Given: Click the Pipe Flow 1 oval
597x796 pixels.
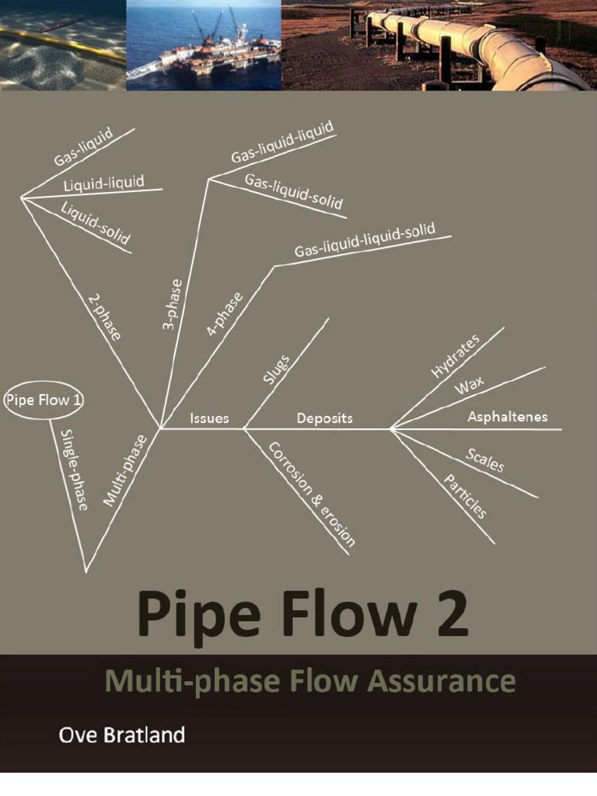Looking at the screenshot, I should click(x=45, y=400).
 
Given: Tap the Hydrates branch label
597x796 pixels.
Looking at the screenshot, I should click(x=456, y=355).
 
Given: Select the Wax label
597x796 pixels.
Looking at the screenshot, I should click(x=470, y=385).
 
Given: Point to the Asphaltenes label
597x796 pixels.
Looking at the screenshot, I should click(x=507, y=417).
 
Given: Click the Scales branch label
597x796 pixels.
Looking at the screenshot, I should click(x=485, y=460).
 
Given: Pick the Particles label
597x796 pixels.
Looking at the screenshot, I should click(x=465, y=496).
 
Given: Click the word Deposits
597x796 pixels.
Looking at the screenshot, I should click(x=324, y=418).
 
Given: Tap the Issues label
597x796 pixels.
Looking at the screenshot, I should click(x=210, y=418).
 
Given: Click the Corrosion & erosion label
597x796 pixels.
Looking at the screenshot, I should click(x=312, y=494).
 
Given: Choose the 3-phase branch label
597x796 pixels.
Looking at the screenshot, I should click(x=173, y=305).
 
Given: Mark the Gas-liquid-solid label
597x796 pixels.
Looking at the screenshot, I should click(x=294, y=191).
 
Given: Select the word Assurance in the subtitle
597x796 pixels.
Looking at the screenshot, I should click(x=442, y=682).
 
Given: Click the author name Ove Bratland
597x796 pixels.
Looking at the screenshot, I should click(x=122, y=735).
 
